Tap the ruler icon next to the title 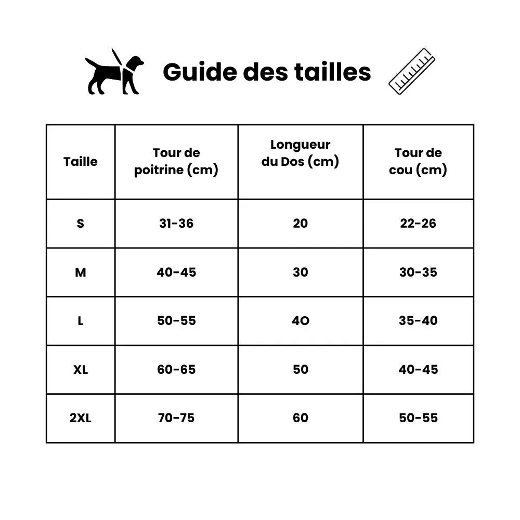[x=412, y=72]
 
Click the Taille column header [x=81, y=162]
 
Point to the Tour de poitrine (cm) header [x=176, y=161]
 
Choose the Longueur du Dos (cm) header [x=300, y=153]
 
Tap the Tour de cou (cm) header [x=418, y=161]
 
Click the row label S [x=80, y=224]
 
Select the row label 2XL [x=81, y=418]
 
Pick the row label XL [x=81, y=370]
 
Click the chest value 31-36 [x=176, y=224]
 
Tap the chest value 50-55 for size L [x=176, y=321]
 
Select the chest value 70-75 [x=176, y=418]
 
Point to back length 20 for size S [x=301, y=224]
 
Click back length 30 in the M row [x=301, y=272]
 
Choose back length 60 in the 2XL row [x=301, y=418]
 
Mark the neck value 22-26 [x=418, y=224]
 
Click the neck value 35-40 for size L [x=418, y=321]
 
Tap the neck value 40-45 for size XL [x=418, y=370]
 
